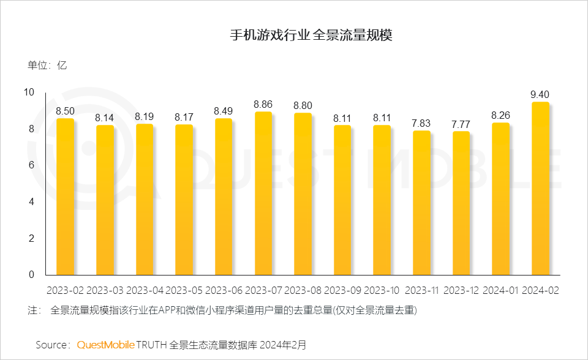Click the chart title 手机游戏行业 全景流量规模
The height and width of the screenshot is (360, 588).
coord(311,35)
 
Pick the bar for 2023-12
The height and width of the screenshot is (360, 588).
coord(461,203)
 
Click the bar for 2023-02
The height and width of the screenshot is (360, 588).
coord(65,197)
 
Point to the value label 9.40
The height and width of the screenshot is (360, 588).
coord(540,94)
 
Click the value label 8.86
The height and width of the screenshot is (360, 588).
coord(263,104)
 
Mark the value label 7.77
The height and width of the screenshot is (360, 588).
coord(461,124)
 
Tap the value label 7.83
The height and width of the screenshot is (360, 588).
coord(421,122)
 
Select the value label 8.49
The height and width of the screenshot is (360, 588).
coord(224,111)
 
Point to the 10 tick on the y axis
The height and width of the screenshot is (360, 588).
coord(29,92)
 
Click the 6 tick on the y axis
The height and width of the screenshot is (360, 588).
coord(31,165)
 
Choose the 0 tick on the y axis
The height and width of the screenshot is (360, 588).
coord(31,275)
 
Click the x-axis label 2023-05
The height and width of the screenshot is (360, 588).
coord(184,290)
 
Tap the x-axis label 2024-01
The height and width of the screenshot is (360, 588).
coord(500,290)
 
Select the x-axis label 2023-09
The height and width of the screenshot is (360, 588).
coord(342,290)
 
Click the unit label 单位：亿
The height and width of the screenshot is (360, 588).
coord(47,66)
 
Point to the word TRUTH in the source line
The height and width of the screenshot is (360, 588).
coord(152,345)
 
